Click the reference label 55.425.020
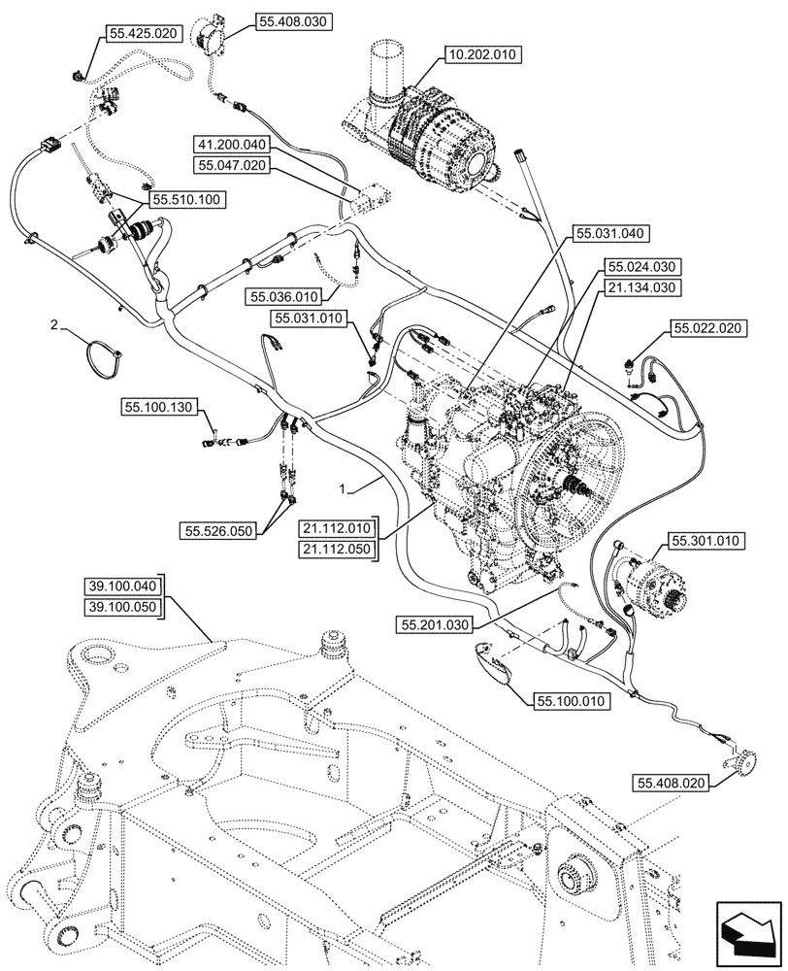coord(144,33)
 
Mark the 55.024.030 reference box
coord(642,265)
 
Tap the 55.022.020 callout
coord(706,330)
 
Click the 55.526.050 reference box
coord(217,530)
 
